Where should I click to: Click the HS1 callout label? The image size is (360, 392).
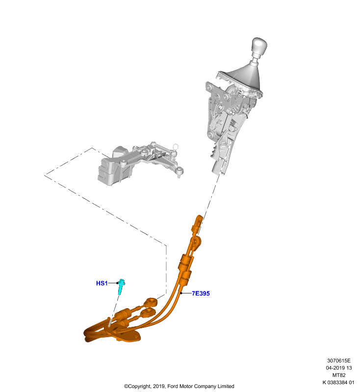point(102,283)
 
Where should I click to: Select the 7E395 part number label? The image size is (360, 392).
point(201,294)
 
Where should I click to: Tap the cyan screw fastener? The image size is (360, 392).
point(121,286)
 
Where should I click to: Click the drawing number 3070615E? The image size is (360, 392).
point(339,361)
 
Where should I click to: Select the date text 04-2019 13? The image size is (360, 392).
point(339,368)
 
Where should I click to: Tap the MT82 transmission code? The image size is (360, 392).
point(339,375)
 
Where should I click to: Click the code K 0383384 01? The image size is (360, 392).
point(338,383)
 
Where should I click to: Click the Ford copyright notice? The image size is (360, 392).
point(179,386)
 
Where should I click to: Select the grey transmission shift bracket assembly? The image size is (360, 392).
point(140,164)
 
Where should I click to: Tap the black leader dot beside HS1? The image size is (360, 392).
point(117,283)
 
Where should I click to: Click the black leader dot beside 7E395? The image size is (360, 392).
point(181,293)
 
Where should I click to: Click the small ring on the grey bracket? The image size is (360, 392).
point(176,146)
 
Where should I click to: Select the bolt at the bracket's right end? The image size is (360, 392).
point(180,172)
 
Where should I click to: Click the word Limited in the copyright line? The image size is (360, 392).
point(226,386)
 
